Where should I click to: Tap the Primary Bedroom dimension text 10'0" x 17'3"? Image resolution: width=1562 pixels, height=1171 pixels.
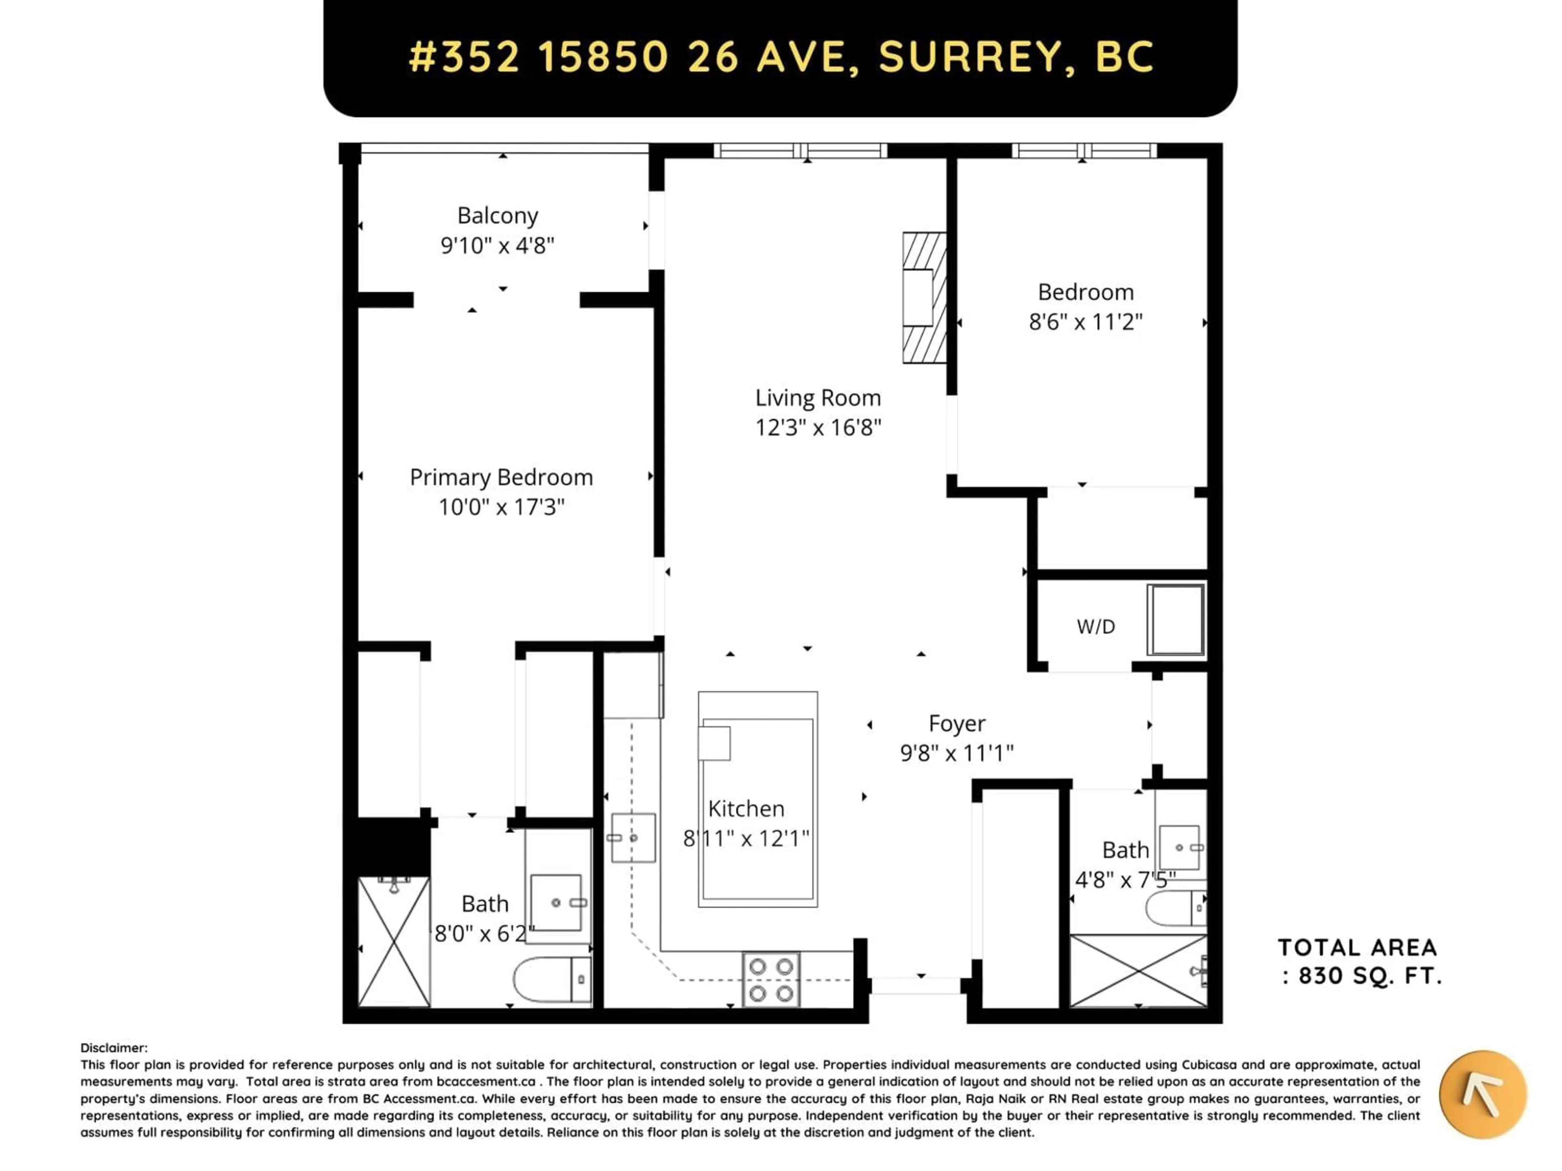coord(502,507)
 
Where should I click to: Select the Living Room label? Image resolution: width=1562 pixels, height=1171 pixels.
coord(818,398)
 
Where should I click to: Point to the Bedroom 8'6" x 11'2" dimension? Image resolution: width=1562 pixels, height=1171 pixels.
coord(1085,322)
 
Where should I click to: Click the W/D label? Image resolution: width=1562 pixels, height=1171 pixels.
coord(1095,626)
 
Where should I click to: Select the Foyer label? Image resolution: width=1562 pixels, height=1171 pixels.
coord(956,723)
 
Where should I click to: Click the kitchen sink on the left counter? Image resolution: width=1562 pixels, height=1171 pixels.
coord(633,838)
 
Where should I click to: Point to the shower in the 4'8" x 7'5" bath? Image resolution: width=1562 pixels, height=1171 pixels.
coord(1138,971)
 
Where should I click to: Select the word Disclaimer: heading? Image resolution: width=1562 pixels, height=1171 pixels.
coord(113,1048)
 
